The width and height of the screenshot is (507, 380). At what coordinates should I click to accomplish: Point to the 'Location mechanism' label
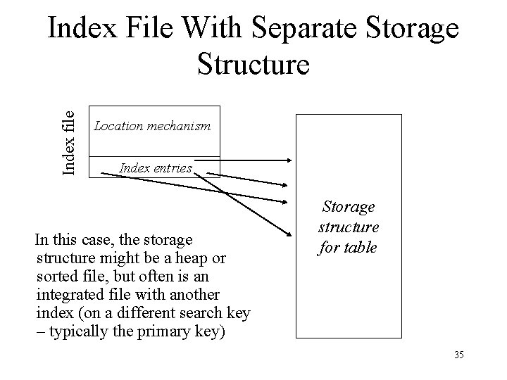click(x=152, y=126)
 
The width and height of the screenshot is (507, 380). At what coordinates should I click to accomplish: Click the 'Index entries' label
click(x=156, y=167)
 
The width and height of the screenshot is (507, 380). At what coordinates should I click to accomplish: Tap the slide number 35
click(x=459, y=355)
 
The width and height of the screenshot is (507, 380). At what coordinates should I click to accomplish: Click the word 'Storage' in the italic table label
click(x=349, y=207)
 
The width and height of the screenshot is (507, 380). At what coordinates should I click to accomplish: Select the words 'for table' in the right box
click(x=349, y=247)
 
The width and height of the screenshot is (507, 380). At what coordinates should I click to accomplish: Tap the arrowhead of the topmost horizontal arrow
click(x=288, y=161)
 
